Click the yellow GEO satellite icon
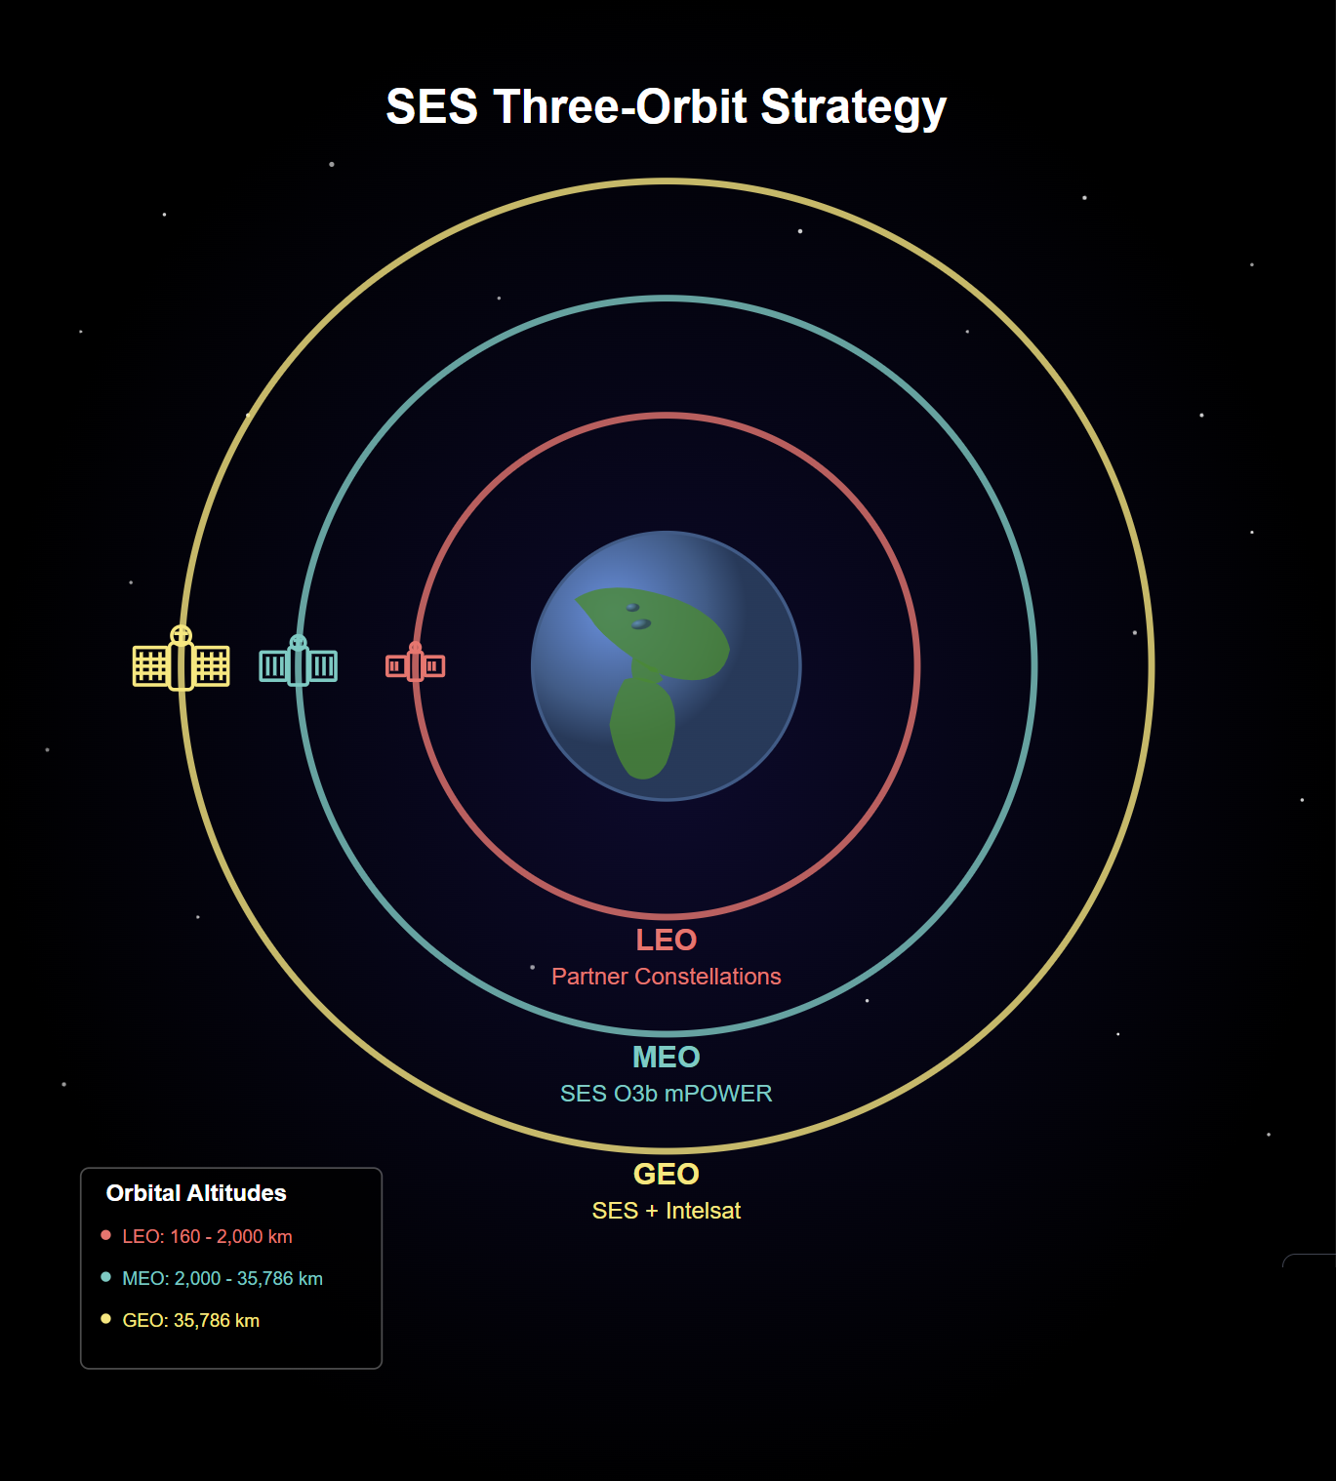click(181, 659)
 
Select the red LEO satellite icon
click(415, 662)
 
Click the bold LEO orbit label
click(667, 940)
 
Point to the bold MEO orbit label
click(667, 1058)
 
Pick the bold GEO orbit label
click(667, 1175)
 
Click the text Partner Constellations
click(667, 977)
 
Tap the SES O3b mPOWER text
click(667, 1094)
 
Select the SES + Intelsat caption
click(667, 1211)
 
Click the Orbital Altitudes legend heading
click(196, 1193)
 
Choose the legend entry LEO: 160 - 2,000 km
click(208, 1237)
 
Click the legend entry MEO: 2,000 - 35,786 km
click(223, 1279)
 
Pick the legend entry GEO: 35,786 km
click(190, 1321)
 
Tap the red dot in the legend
click(105, 1235)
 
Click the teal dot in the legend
click(105, 1277)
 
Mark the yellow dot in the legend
click(105, 1319)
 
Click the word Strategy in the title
click(854, 108)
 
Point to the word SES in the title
click(432, 107)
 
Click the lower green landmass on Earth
click(642, 728)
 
